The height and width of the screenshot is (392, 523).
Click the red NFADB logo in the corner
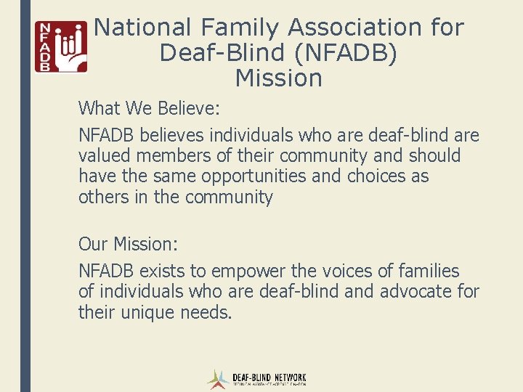pyautogui.click(x=61, y=46)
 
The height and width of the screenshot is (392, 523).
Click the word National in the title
pyautogui.click(x=142, y=28)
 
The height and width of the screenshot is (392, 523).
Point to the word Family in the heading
pyautogui.click(x=240, y=28)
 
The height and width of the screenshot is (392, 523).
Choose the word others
pyautogui.click(x=103, y=197)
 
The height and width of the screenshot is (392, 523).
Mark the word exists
pyautogui.click(x=161, y=271)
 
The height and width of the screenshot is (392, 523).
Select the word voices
pyautogui.click(x=349, y=271)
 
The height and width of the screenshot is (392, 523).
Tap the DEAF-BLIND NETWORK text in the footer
pyautogui.click(x=269, y=378)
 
